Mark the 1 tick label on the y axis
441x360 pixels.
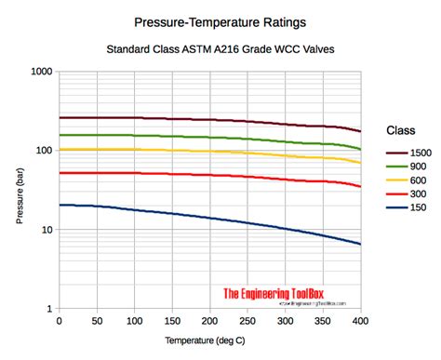49,309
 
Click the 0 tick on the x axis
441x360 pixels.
59,321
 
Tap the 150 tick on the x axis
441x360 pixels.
172,321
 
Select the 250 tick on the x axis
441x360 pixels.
247,321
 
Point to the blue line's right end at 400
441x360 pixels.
360,244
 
